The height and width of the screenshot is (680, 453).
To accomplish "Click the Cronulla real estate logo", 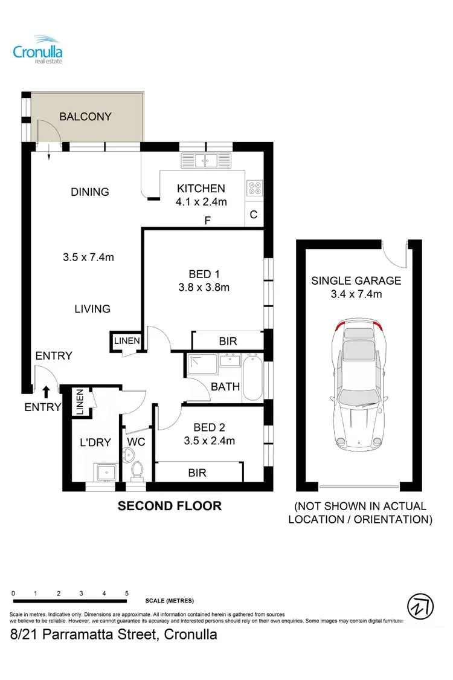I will [x=38, y=49].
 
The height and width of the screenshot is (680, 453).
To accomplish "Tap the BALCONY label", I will [x=85, y=117].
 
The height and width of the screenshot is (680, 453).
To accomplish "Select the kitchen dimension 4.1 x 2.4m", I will [x=201, y=202].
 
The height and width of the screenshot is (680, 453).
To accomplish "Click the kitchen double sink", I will [x=207, y=161].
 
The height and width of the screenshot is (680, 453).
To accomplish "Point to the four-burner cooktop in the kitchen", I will [x=254, y=188].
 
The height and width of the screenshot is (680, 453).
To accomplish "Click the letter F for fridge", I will [x=207, y=221].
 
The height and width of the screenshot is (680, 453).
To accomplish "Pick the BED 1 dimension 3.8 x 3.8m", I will [x=204, y=288].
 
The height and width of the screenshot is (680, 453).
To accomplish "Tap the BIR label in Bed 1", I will [x=228, y=342].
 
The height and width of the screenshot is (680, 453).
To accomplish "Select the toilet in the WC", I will [x=137, y=470].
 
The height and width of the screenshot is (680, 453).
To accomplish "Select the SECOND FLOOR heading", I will [x=169, y=505].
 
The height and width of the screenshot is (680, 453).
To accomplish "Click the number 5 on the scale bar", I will [x=126, y=594].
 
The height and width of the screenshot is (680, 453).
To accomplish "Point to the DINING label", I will [x=90, y=192].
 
